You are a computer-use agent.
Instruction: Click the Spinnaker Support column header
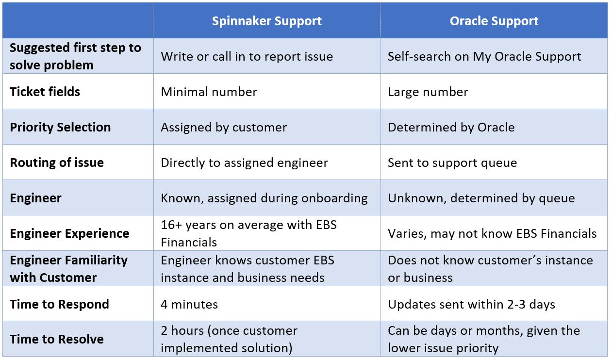pyautogui.click(x=266, y=21)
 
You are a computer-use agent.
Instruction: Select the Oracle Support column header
pyautogui.click(x=494, y=21)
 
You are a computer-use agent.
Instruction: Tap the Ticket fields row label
pyautogui.click(x=45, y=92)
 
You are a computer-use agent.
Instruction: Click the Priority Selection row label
pyautogui.click(x=60, y=127)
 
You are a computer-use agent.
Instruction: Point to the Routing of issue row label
pyautogui.click(x=57, y=163)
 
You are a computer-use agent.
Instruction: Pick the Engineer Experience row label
pyautogui.click(x=69, y=233)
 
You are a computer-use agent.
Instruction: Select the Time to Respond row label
pyautogui.click(x=59, y=304)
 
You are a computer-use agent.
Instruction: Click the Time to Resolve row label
pyautogui.click(x=57, y=339)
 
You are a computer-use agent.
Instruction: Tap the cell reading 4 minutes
pyautogui.click(x=189, y=304)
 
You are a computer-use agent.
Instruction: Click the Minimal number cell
pyautogui.click(x=209, y=92)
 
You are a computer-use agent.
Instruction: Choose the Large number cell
pyautogui.click(x=428, y=92)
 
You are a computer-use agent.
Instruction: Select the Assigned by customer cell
pyautogui.click(x=224, y=127)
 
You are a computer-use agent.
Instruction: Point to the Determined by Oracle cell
pyautogui.click(x=451, y=127)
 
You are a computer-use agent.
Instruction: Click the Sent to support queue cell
pyautogui.click(x=452, y=163)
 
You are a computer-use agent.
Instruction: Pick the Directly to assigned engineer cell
pyautogui.click(x=244, y=163)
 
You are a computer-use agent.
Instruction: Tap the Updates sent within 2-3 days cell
pyautogui.click(x=471, y=304)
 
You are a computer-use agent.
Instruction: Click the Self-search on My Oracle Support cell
pyautogui.click(x=484, y=56)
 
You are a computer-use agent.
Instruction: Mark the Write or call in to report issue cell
pyautogui.click(x=247, y=56)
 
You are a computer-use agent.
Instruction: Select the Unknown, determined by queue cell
pyautogui.click(x=481, y=198)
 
